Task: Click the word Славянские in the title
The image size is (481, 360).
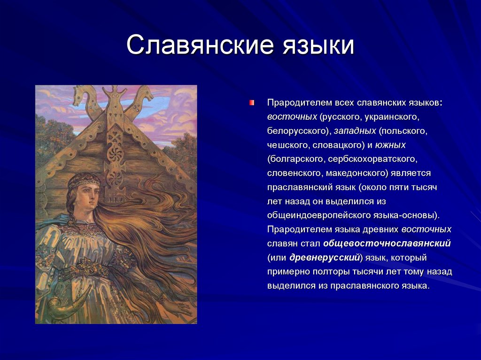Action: (x=200, y=45)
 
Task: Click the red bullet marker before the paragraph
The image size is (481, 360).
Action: (x=252, y=103)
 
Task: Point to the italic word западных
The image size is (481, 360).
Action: (x=355, y=131)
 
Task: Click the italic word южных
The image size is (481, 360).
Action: (x=390, y=145)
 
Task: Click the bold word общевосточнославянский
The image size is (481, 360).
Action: (x=387, y=244)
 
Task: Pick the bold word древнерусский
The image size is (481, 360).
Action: (x=325, y=258)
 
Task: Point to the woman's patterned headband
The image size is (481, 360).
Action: (x=84, y=182)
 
